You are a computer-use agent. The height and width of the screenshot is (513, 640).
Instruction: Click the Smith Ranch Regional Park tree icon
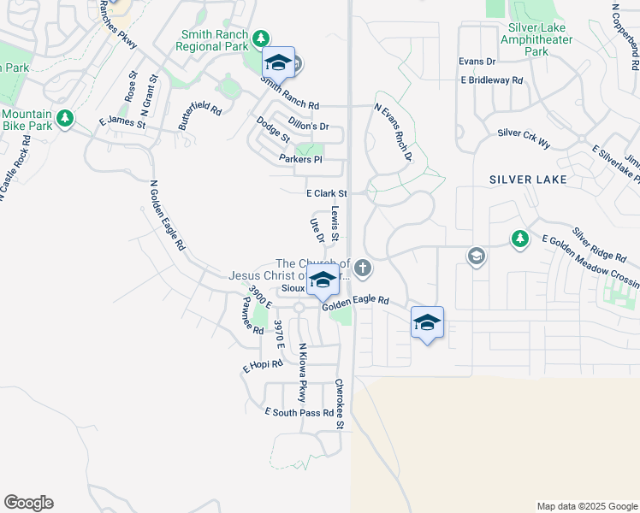pyautogui.click(x=262, y=38)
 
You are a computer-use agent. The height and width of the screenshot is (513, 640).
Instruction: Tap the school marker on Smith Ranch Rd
pyautogui.click(x=278, y=63)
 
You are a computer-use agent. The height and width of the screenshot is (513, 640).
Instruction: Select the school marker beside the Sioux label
pyautogui.click(x=323, y=280)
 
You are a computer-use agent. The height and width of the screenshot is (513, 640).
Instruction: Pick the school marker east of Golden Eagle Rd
pyautogui.click(x=427, y=322)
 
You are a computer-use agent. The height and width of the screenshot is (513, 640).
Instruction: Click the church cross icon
pyautogui.click(x=363, y=269)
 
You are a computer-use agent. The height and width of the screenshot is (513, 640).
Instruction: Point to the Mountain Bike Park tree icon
pyautogui.click(x=64, y=118)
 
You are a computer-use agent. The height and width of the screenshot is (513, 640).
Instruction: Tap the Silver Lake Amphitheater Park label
pyautogui.click(x=536, y=39)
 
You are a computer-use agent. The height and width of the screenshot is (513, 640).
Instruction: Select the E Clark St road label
pyautogui.click(x=326, y=194)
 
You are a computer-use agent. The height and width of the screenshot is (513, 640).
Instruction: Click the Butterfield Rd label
pyautogui.click(x=200, y=115)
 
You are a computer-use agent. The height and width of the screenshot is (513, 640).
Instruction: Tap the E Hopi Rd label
pyautogui.click(x=263, y=366)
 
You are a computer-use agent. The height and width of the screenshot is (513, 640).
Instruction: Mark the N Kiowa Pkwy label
pyautogui.click(x=301, y=372)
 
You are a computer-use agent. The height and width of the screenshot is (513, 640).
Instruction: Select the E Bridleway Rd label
pyautogui.click(x=491, y=80)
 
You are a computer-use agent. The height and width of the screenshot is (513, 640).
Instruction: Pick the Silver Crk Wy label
pyautogui.click(x=524, y=138)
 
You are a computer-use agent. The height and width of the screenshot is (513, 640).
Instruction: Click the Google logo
pyautogui.click(x=28, y=503)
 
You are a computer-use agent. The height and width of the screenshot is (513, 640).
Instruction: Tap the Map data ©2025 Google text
pyautogui.click(x=586, y=506)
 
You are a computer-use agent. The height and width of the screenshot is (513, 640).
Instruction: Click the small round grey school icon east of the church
pyautogui.click(x=476, y=256)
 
